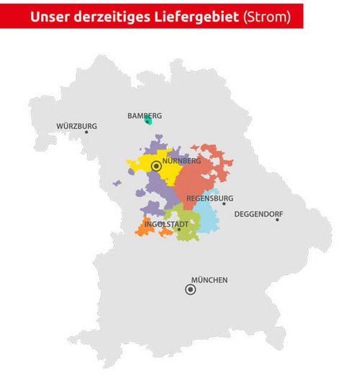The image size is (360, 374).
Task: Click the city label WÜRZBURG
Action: pos(76,126)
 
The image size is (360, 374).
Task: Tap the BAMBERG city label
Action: pos(145,115)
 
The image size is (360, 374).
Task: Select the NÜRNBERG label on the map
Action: pos(180,161)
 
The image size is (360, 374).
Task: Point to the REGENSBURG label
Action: pos(210,198)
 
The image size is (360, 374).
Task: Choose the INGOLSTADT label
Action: pos(166,224)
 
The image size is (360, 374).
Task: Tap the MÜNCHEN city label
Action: pos(209,280)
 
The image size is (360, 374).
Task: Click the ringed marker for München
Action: pos(190,290)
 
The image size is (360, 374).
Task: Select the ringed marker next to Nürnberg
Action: pos(156,165)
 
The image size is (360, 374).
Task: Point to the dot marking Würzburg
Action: pos(86,132)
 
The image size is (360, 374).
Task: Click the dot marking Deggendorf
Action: pos(277,219)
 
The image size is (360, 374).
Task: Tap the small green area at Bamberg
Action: pos(149,121)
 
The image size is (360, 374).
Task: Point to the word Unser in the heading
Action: pos(51,17)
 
